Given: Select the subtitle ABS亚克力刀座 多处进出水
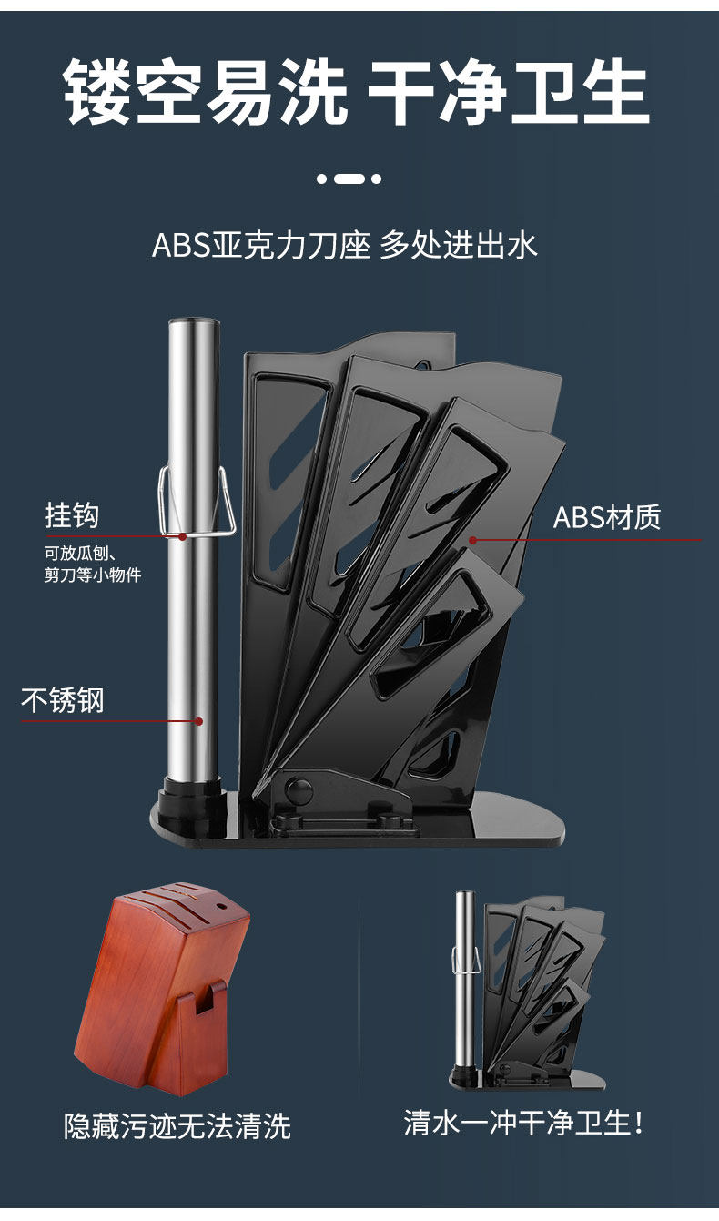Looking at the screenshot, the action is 345,245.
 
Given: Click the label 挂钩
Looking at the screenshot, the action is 72,515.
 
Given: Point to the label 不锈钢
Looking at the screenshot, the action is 63,700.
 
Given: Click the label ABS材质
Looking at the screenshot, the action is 607,517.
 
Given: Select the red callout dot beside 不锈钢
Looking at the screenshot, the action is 198,721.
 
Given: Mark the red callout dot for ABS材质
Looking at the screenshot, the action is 473,540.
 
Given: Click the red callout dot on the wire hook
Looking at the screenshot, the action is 183,537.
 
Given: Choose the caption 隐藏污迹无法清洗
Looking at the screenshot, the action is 177,1125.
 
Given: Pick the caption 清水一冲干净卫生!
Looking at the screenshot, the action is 524,1122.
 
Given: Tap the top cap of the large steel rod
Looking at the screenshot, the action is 193,323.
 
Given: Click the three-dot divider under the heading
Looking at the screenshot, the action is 349,178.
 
